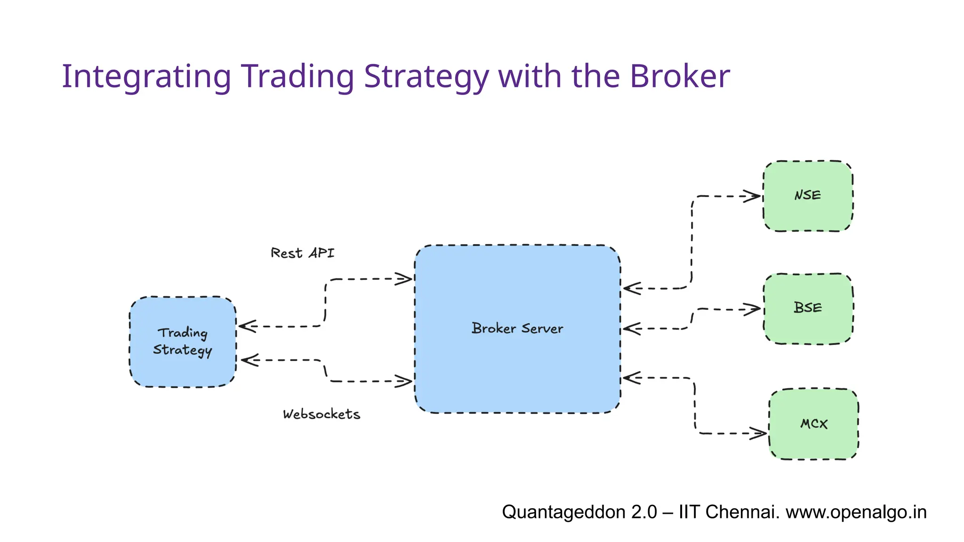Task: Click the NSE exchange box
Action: coord(808,196)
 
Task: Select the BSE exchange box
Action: coord(808,309)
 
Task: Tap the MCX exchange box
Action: coord(813,424)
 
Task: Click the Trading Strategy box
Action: coord(183,342)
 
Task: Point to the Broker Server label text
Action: coord(517,328)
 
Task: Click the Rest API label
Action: coord(302,253)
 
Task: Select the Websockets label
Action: coord(321,414)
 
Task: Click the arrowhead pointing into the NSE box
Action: coord(752,196)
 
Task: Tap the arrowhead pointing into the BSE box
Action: coord(752,310)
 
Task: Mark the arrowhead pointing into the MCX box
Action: coord(758,433)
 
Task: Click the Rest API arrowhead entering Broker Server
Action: coord(404,279)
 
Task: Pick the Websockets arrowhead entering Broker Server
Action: coord(404,381)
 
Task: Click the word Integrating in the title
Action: coord(146,77)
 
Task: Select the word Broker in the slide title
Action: coord(680,77)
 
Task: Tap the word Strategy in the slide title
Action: coord(426,77)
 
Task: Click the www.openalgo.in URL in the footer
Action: coord(856,512)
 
